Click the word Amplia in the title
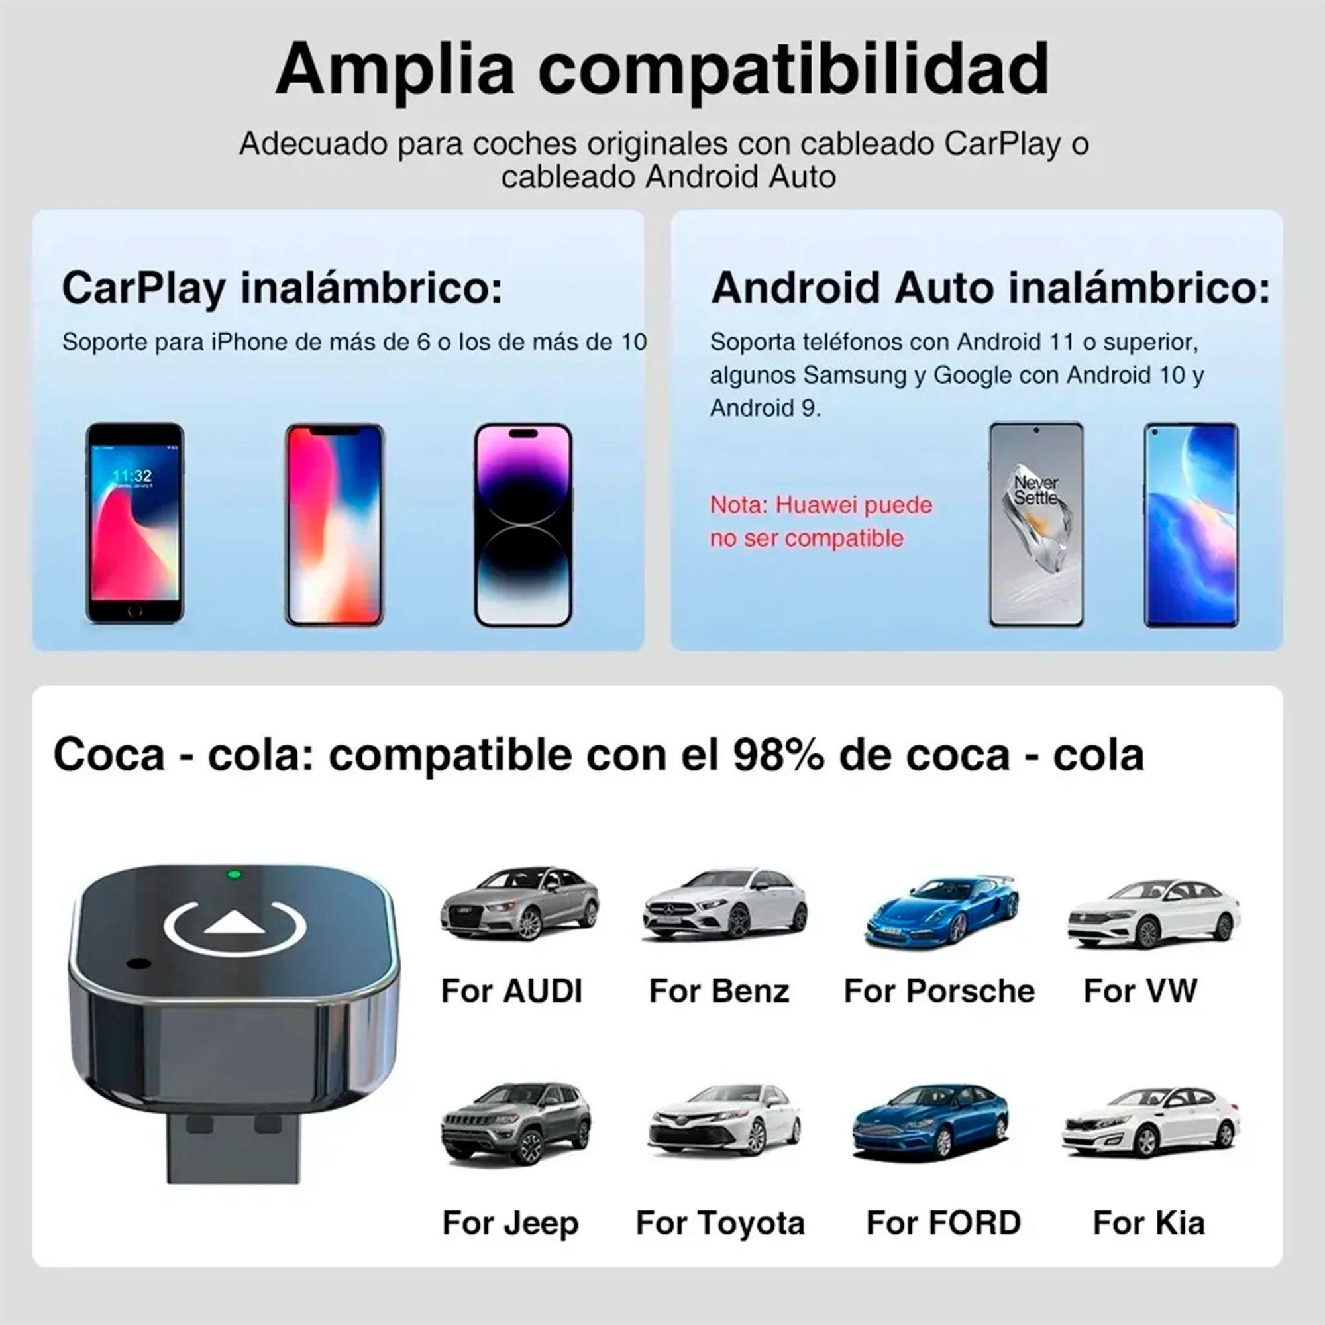pos(394,70)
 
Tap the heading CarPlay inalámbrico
pos(282,288)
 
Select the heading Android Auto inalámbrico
pos(990,288)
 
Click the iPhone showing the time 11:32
pos(135,523)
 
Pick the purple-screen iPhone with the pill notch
pos(523,525)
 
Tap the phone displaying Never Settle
pos(1035,525)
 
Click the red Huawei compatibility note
pos(820,521)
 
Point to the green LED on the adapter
pos(234,874)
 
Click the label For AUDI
pos(511,991)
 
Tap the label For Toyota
pos(720,1223)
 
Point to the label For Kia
pos(1149,1223)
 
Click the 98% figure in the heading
pos(778,755)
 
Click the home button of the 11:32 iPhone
pos(135,609)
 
